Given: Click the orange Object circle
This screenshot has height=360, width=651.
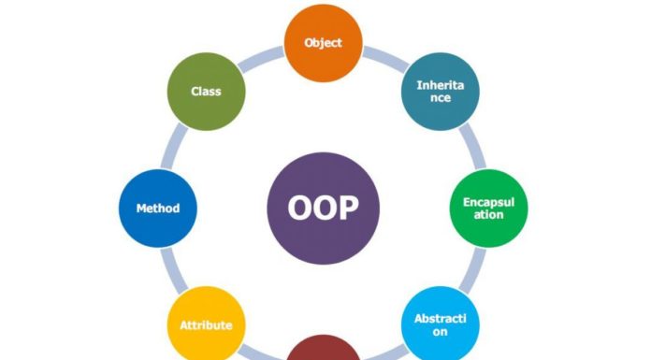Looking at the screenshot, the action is click(x=323, y=43).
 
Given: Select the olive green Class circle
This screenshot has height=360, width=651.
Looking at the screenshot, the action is click(x=207, y=92).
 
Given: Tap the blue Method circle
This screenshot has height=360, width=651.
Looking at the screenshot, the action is click(x=158, y=209).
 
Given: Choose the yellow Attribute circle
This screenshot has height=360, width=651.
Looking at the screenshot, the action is click(x=207, y=324).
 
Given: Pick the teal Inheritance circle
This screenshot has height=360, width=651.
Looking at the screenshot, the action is click(x=440, y=92).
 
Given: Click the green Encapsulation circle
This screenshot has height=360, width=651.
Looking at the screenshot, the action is click(x=488, y=209).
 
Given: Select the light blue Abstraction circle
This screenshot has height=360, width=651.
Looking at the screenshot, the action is click(x=440, y=324).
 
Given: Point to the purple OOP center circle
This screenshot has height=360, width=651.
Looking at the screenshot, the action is click(x=323, y=209).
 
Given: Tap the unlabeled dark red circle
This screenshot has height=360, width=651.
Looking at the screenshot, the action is click(x=323, y=353).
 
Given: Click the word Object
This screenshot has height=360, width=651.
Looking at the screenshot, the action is click(x=323, y=43).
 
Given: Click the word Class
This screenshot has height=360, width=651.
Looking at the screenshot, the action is click(x=207, y=92).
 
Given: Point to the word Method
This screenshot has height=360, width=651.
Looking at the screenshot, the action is click(x=158, y=209).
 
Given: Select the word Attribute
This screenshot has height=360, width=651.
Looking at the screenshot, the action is click(x=207, y=325).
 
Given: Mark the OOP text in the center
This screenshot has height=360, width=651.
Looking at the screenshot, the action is click(x=323, y=209).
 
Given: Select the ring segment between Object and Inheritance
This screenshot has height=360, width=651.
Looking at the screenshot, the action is click(x=383, y=57).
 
